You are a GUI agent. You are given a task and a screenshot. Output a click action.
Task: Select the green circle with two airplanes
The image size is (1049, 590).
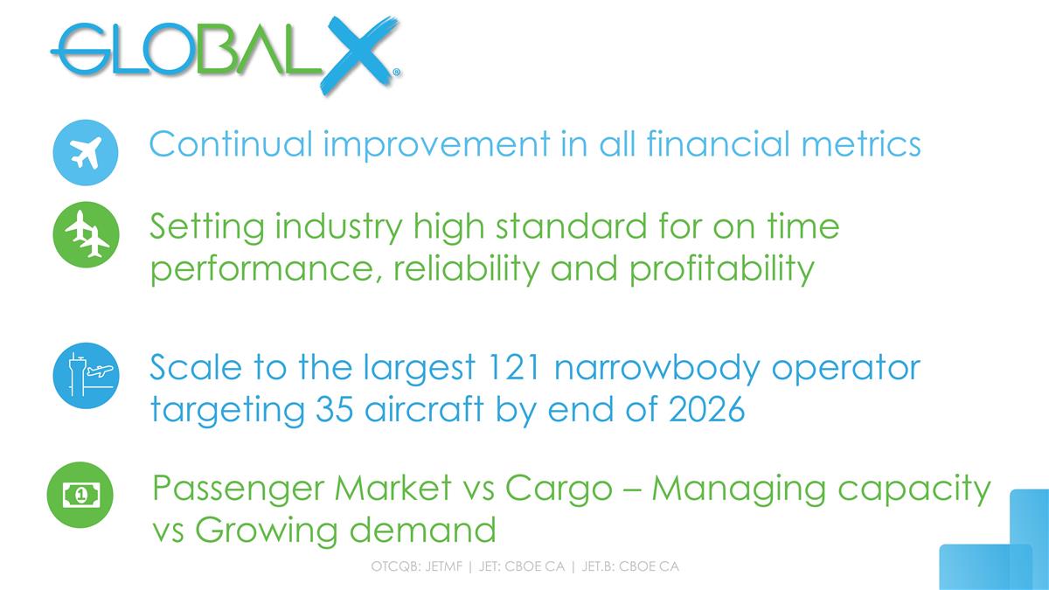coord(86,233)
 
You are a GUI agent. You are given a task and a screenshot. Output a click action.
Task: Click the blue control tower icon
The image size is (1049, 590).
coord(86,375)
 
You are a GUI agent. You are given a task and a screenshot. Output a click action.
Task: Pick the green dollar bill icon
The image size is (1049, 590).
coord(80,495)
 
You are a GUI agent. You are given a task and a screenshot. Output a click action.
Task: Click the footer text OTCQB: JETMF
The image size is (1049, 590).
coord(417,567)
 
